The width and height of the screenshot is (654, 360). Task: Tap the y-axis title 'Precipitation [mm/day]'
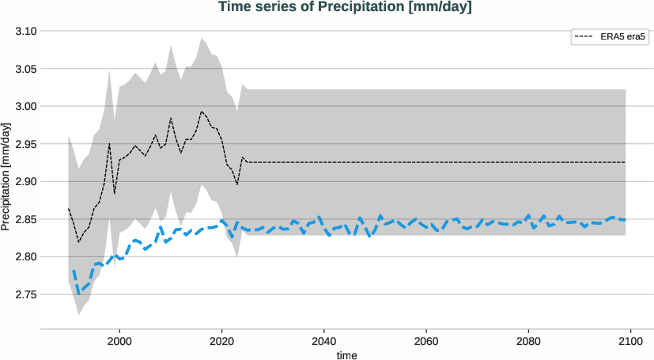click(x=6, y=178)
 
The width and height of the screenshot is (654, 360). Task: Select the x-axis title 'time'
click(x=346, y=355)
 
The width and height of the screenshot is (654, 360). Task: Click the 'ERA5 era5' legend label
click(x=622, y=36)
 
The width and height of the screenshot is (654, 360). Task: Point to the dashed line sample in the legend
click(x=584, y=36)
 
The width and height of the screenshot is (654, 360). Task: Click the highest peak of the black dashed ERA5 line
click(x=202, y=112)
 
